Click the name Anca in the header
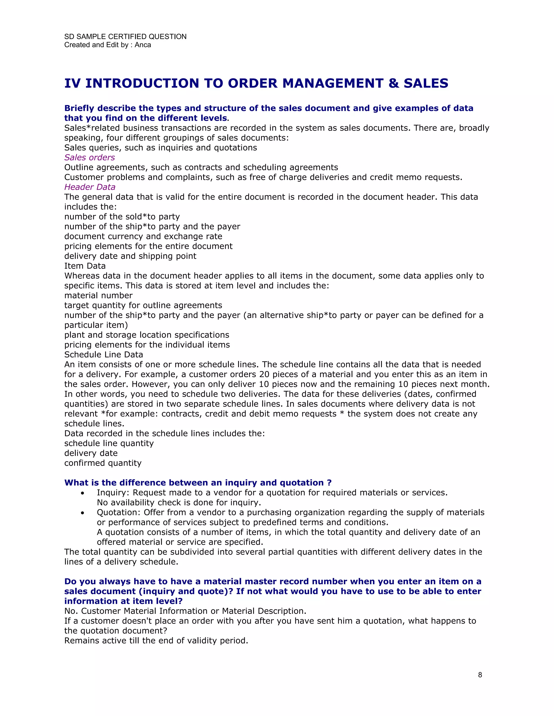pos(143,45)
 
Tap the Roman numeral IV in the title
pos(72,83)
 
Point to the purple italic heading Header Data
pos(90,187)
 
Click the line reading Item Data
pos(85,266)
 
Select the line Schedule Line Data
pos(103,354)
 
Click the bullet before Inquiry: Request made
pos(83,493)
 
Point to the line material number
pos(98,295)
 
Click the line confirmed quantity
pos(103,463)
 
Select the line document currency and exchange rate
pos(143,236)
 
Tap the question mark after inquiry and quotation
pos(329,483)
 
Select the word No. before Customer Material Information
pos(71,611)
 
